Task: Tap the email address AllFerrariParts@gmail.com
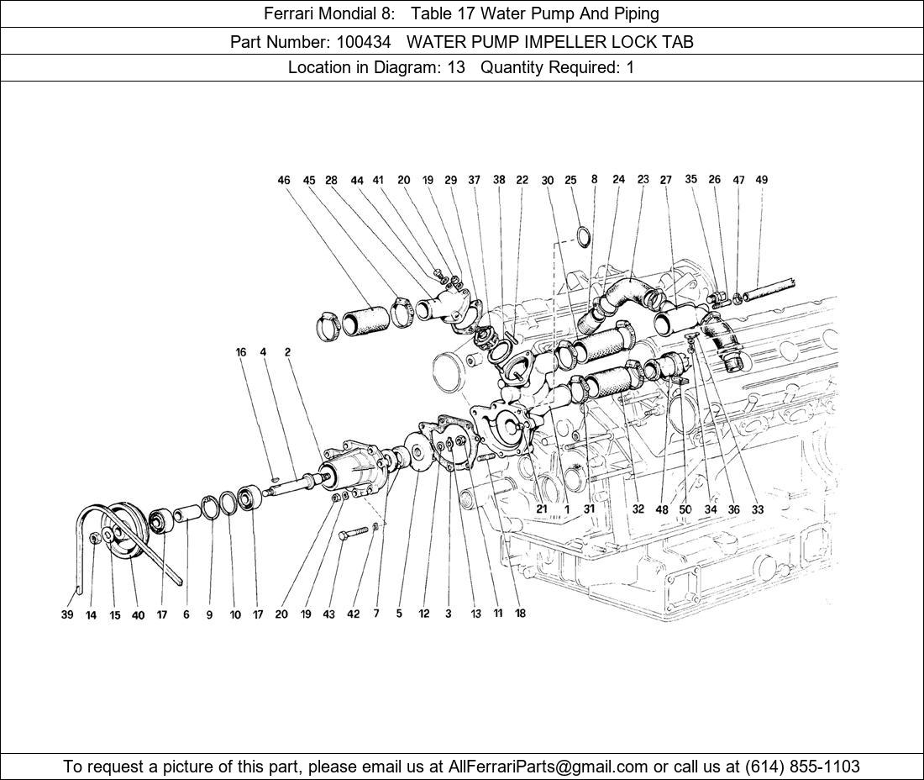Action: coord(549,767)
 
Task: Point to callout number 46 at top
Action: coord(284,180)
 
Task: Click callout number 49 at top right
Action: coord(761,180)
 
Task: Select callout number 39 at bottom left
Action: coord(67,614)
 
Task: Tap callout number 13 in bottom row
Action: coord(475,614)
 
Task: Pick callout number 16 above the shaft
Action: coord(241,352)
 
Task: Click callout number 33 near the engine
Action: coord(758,509)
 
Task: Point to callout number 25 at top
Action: coord(570,180)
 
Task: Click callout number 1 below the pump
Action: coord(567,509)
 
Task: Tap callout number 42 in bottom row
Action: coord(353,614)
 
